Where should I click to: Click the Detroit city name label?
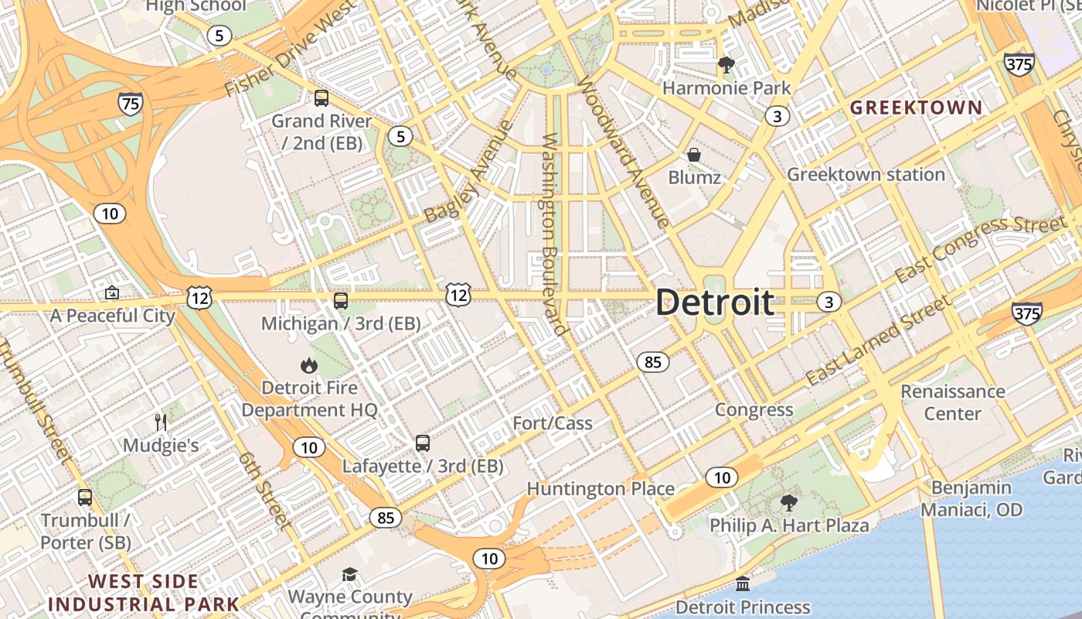pos(715,303)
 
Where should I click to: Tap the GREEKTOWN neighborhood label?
pos(916,108)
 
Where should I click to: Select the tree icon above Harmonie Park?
pos(726,65)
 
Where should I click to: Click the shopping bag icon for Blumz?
pos(694,155)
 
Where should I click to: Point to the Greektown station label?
pos(866,175)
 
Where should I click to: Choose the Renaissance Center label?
pos(952,402)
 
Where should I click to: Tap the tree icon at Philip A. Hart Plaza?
pos(788,503)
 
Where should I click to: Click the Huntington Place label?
pos(601,489)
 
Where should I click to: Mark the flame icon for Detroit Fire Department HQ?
pos(309,364)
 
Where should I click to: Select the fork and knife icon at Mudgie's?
pos(161,422)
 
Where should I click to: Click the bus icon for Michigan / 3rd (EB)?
pos(340,301)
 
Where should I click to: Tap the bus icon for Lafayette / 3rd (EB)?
pos(422,443)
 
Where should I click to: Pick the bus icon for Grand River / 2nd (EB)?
pos(321,98)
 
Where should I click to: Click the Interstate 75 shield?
pos(130,104)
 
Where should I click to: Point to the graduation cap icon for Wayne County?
pos(350,574)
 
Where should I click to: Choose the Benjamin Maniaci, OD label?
pos(971,498)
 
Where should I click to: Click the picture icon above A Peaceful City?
pos(112,293)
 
